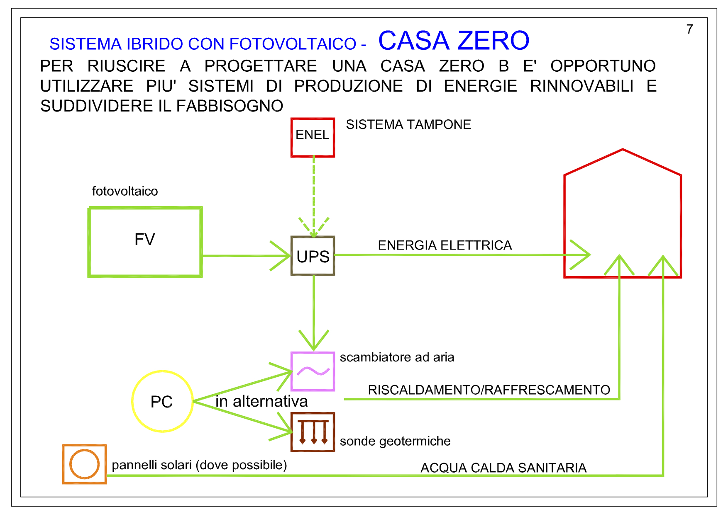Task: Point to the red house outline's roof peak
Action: (623, 149)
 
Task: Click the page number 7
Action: (689, 29)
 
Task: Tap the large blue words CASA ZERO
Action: (454, 40)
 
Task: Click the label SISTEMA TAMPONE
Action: (408, 124)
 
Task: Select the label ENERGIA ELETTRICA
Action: (445, 245)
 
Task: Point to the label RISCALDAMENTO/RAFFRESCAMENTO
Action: (489, 390)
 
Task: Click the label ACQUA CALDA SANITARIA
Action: (503, 468)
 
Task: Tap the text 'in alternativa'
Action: (261, 401)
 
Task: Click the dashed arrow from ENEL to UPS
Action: (314, 197)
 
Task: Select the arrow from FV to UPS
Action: (246, 256)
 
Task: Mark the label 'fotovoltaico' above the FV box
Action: (125, 191)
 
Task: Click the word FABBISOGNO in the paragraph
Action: (230, 106)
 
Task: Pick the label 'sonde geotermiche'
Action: (395, 441)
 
